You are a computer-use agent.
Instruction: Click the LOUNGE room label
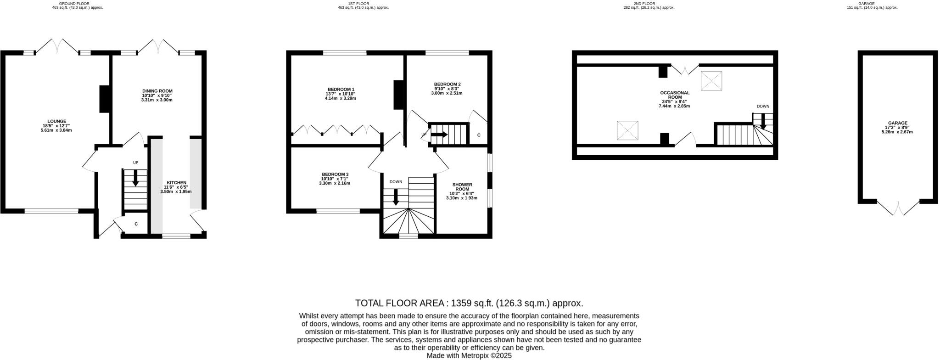coord(56,121)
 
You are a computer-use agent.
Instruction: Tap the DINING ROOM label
coord(157,91)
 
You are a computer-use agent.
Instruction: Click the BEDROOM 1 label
coord(341,89)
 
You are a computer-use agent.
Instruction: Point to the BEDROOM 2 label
coord(447,84)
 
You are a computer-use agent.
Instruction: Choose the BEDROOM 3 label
coord(335,174)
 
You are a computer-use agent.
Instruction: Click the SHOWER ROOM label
coord(462,187)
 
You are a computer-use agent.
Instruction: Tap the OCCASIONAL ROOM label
coord(674,95)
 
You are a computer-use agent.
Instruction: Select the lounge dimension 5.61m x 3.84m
coord(56,130)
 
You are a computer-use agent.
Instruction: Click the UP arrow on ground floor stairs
coord(135,177)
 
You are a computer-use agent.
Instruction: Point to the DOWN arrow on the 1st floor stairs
coord(395,197)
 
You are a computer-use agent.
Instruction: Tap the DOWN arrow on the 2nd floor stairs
coord(763,121)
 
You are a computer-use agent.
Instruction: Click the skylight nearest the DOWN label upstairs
coord(711,81)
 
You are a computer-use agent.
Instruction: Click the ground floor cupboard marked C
coord(136,225)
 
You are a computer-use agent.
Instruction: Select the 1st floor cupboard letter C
coord(479,135)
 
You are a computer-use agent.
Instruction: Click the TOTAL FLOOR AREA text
coord(469,303)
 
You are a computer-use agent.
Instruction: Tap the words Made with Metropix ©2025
coord(469,355)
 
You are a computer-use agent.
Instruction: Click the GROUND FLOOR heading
coord(77,4)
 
